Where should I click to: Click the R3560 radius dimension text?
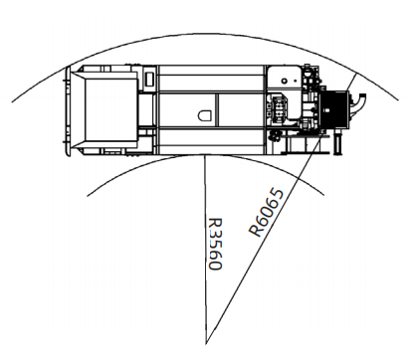[x=215, y=244]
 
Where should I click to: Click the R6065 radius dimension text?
[x=267, y=213]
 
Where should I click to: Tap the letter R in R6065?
[x=256, y=231]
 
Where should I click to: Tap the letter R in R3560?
[x=215, y=223]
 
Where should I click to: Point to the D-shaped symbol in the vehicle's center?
[x=205, y=115]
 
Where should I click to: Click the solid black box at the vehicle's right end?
[x=334, y=109]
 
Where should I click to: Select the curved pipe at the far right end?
[x=357, y=104]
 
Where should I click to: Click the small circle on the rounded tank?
[x=284, y=81]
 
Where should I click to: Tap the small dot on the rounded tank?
[x=295, y=81]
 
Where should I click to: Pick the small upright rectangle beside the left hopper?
[x=150, y=79]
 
